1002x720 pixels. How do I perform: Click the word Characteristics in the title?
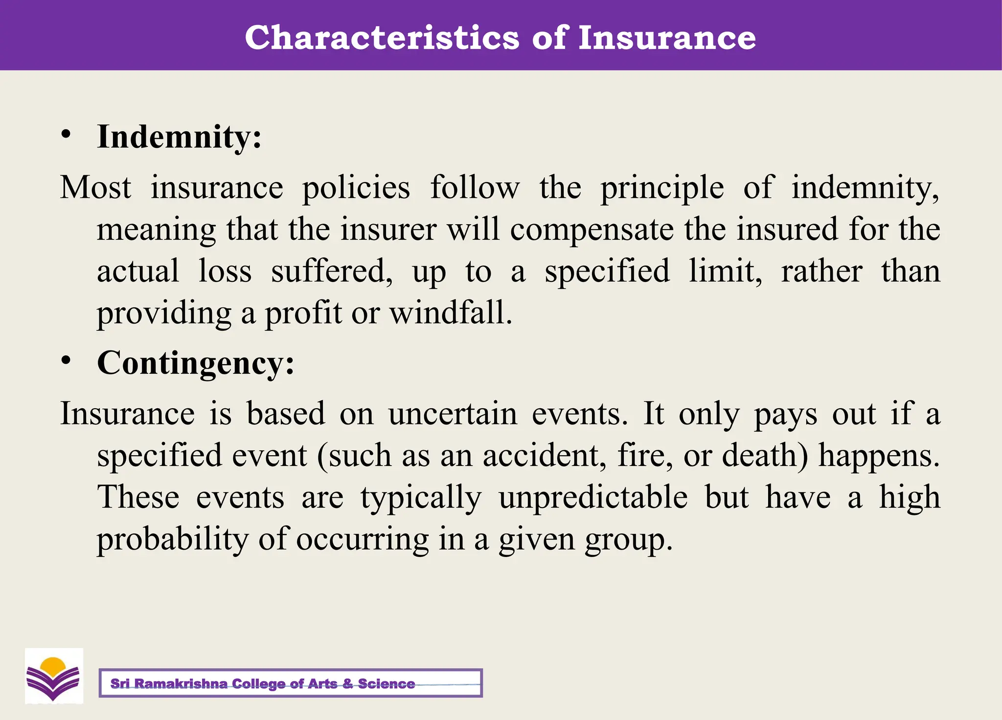[x=382, y=38]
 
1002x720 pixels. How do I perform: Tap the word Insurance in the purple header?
[x=666, y=38]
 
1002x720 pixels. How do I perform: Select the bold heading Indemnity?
[x=179, y=137]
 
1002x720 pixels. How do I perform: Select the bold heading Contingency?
[x=196, y=363]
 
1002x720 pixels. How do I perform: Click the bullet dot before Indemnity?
[x=67, y=134]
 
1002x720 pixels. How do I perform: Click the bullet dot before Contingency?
[x=67, y=361]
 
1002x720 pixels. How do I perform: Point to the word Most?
[x=96, y=187]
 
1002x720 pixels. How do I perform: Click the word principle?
[x=662, y=188]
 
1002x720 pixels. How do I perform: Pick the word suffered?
[x=331, y=271]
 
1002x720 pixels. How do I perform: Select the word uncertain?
[x=453, y=414]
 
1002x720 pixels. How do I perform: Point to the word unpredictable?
[x=593, y=498]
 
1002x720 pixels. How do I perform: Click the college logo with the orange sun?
[x=54, y=676]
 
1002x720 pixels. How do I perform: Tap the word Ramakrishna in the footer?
[x=181, y=684]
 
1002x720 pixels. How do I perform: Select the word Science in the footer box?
[x=386, y=684]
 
